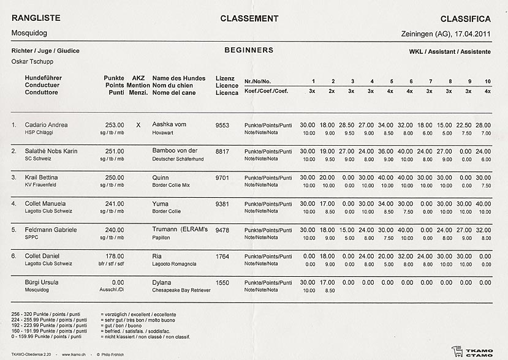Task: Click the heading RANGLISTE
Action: (x=36, y=18)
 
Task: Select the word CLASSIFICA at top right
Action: (x=465, y=18)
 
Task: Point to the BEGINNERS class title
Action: (x=249, y=50)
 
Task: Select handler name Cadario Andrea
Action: (x=46, y=125)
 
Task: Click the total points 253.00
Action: (x=115, y=125)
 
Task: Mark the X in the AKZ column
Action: (x=138, y=125)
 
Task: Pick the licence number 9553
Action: (x=222, y=125)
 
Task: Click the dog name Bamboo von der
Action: (x=175, y=151)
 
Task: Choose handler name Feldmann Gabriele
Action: (x=51, y=230)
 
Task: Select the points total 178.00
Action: (x=115, y=256)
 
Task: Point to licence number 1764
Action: (x=222, y=256)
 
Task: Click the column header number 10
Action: (x=487, y=81)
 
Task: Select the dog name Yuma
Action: (x=161, y=203)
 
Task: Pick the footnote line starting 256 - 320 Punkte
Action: (x=46, y=313)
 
